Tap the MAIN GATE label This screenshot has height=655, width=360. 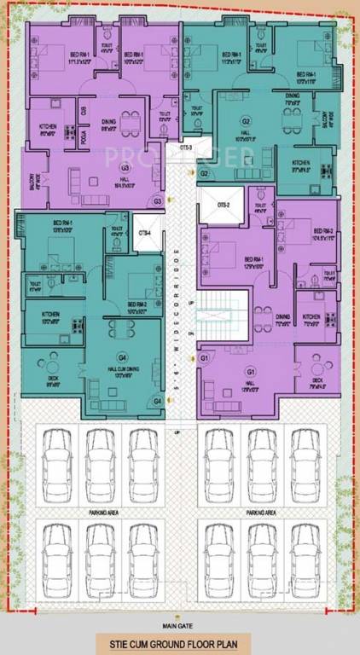pyautogui.click(x=180, y=621)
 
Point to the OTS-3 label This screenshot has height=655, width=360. pyautogui.click(x=185, y=147)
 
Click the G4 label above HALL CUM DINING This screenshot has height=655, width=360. pyautogui.click(x=123, y=357)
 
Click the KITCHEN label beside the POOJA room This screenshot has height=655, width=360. pyautogui.click(x=48, y=128)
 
